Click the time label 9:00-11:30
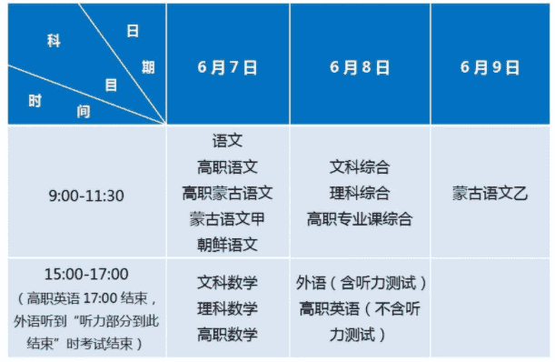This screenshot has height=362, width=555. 86,195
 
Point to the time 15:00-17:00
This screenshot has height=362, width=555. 86,274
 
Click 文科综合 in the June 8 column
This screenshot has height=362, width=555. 360,167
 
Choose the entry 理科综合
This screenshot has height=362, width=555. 360,193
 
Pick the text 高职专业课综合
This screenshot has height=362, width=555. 360,219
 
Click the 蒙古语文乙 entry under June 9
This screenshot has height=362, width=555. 491,193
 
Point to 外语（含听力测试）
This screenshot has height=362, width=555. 360,283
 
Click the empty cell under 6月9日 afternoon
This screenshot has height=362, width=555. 491,308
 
